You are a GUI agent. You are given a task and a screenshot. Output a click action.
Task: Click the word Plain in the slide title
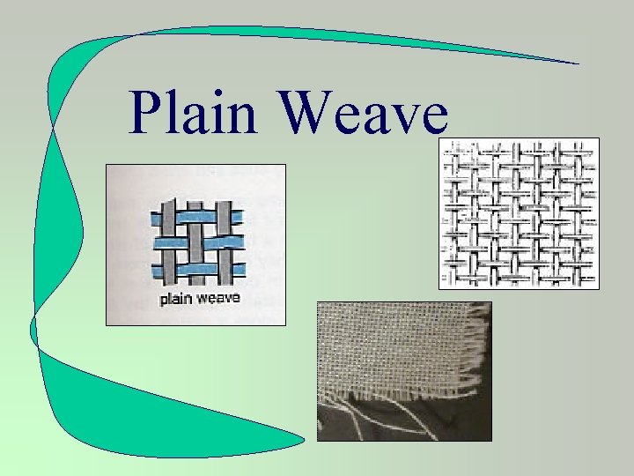point(192,112)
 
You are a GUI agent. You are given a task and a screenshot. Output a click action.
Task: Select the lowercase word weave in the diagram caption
point(217,299)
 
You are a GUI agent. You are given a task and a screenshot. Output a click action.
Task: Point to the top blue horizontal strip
point(196,215)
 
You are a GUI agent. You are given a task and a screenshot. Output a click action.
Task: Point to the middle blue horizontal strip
point(195,242)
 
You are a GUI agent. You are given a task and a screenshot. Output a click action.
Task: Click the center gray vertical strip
point(195,228)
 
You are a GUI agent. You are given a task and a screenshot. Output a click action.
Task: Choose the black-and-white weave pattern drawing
point(519,212)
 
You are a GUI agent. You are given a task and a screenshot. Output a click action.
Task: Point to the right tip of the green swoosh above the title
point(577,63)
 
